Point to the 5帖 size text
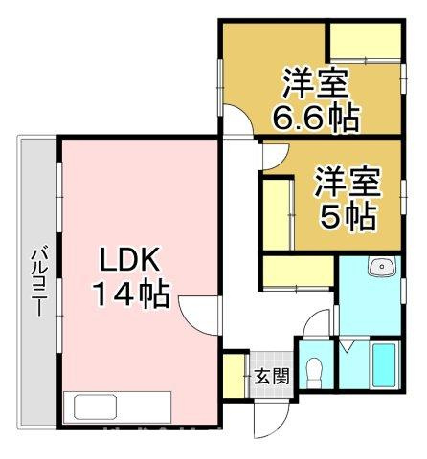[347, 217]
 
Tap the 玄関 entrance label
[271, 376]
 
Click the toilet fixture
[314, 371]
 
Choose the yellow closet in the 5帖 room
[280, 208]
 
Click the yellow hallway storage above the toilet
[296, 271]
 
